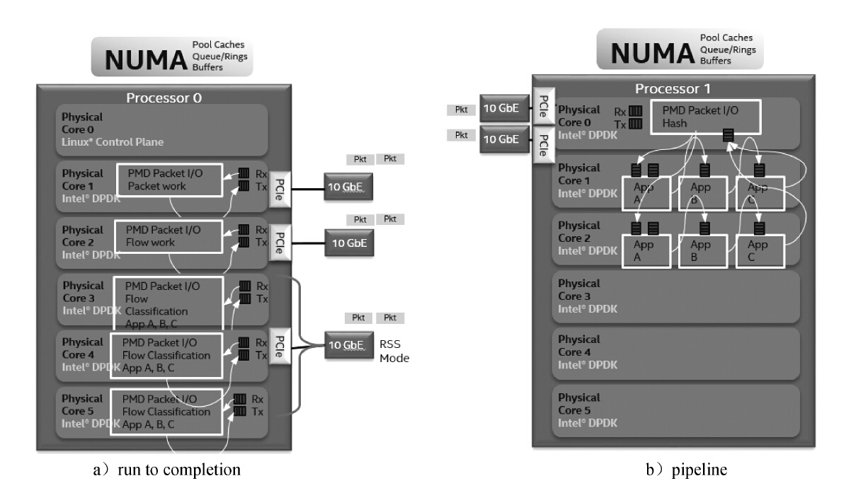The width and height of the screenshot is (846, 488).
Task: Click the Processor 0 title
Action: pos(164,98)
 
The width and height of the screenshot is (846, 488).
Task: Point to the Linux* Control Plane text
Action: pos(113,142)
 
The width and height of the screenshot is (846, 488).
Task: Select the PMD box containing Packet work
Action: pos(169,180)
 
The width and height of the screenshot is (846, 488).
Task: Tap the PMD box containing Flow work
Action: pos(168,236)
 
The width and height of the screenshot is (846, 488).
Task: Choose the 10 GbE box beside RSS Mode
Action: pos(346,345)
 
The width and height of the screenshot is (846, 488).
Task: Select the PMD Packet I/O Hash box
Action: pos(709,116)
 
